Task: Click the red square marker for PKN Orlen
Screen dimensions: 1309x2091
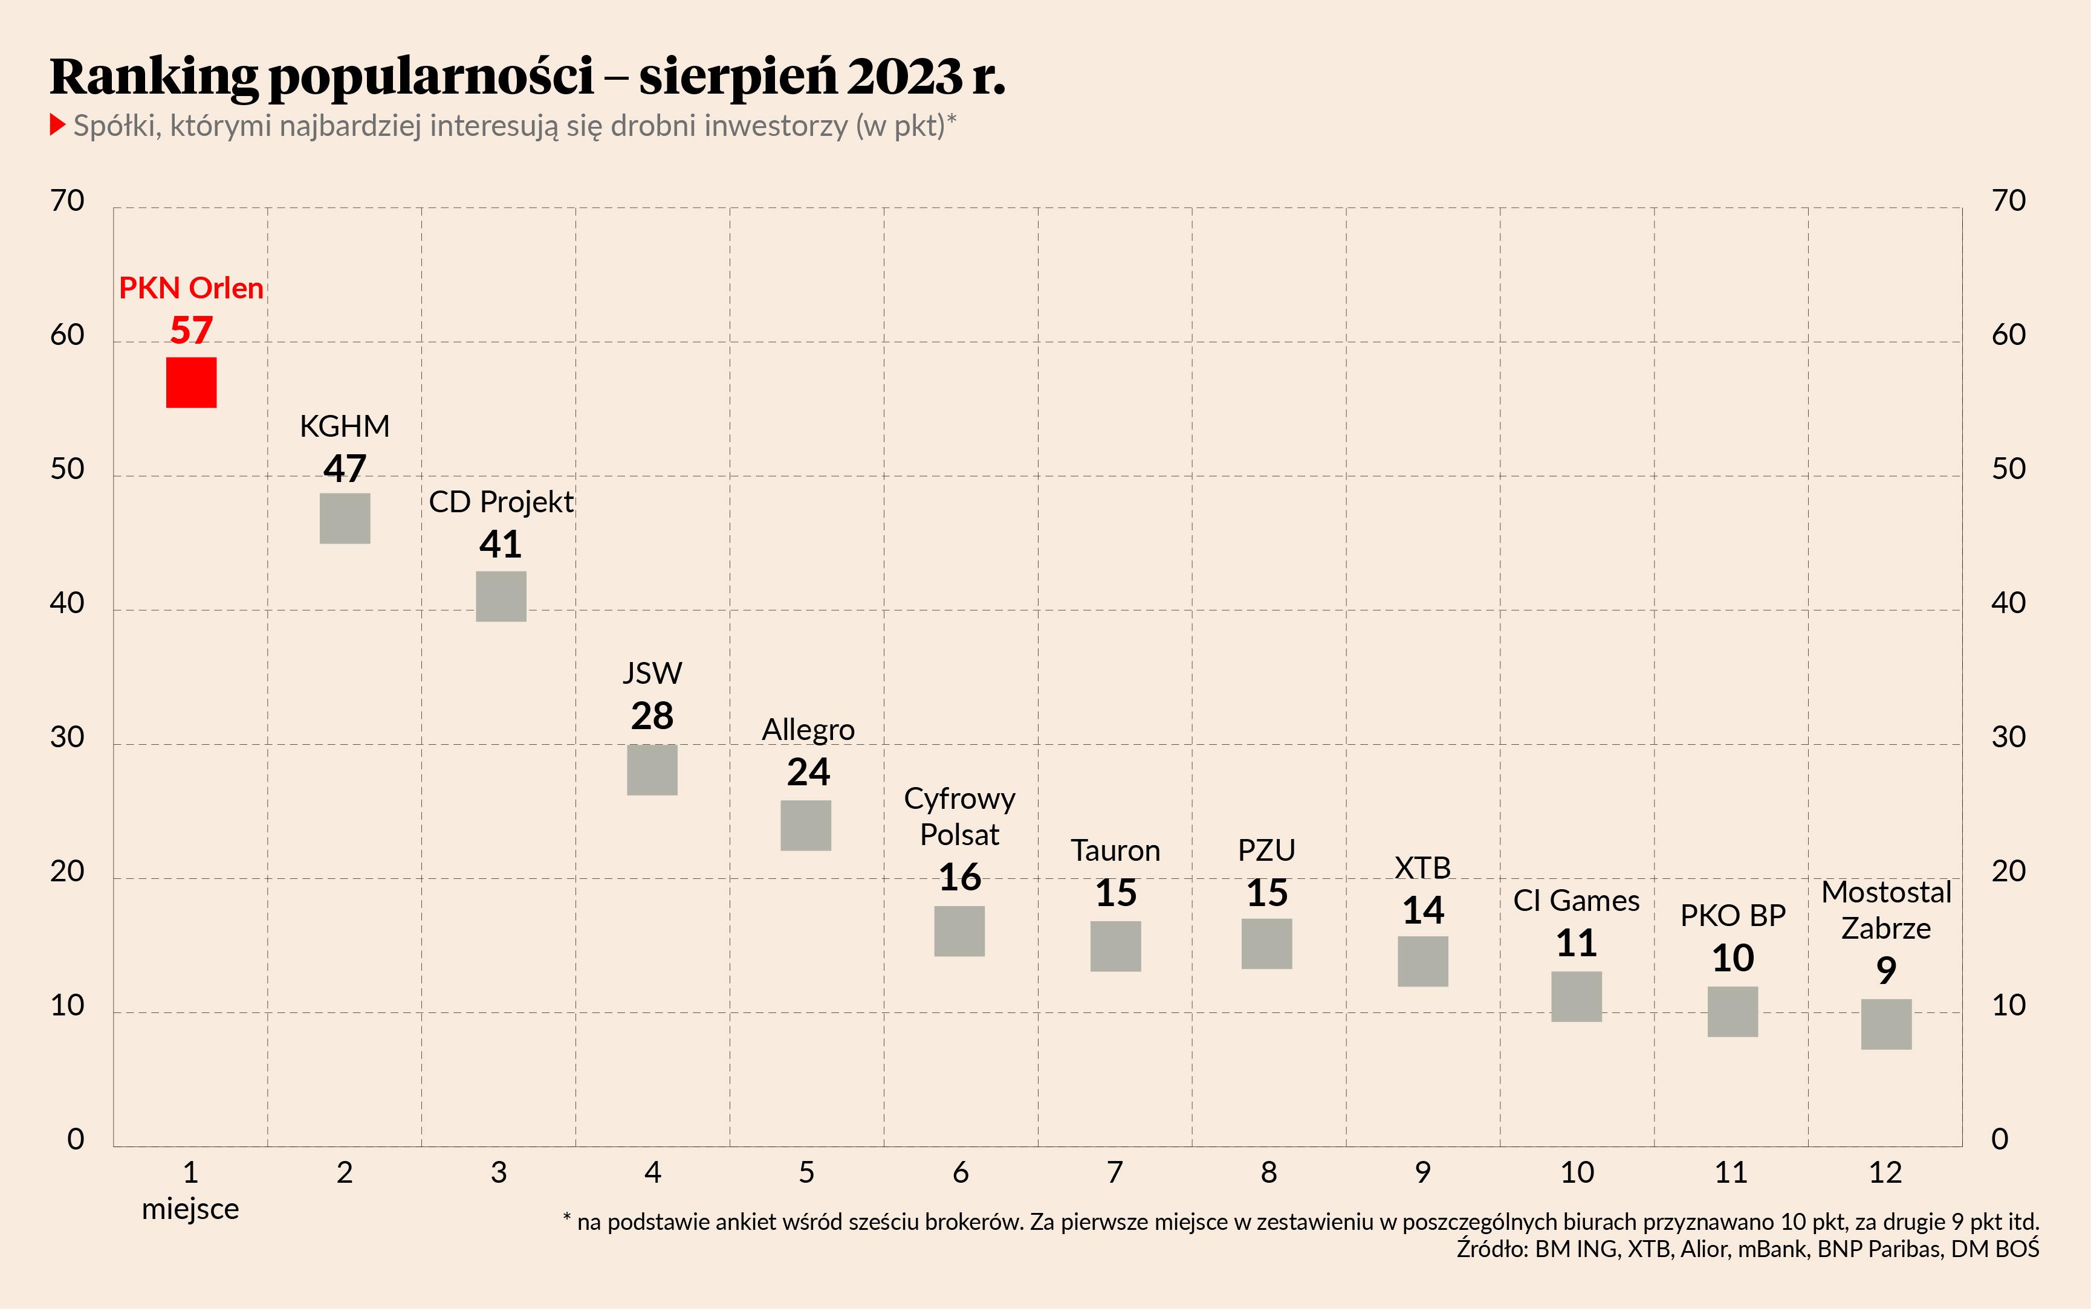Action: pyautogui.click(x=192, y=382)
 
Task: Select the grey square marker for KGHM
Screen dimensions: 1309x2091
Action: pyautogui.click(x=345, y=518)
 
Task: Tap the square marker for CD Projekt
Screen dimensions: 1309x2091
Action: pyautogui.click(x=501, y=596)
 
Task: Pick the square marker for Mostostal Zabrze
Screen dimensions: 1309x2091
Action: pyautogui.click(x=1885, y=1024)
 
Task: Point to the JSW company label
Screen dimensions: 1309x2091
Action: pyautogui.click(x=652, y=673)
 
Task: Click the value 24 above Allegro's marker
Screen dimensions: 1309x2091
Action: pyautogui.click(x=807, y=771)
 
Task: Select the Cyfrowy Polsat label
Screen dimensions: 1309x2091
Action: pyautogui.click(x=960, y=817)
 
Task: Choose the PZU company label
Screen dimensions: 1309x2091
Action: pyautogui.click(x=1266, y=850)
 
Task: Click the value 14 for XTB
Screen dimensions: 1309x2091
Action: pyautogui.click(x=1423, y=910)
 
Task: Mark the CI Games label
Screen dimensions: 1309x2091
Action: pyautogui.click(x=1577, y=901)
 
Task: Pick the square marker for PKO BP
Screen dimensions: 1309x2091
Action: pyautogui.click(x=1733, y=1011)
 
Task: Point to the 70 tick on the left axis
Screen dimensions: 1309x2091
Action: pyautogui.click(x=68, y=201)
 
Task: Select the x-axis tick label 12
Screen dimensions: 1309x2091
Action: pyautogui.click(x=1885, y=1172)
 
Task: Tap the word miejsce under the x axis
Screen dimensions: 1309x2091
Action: pyautogui.click(x=190, y=1209)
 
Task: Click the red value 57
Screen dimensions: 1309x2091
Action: pyautogui.click(x=192, y=330)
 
